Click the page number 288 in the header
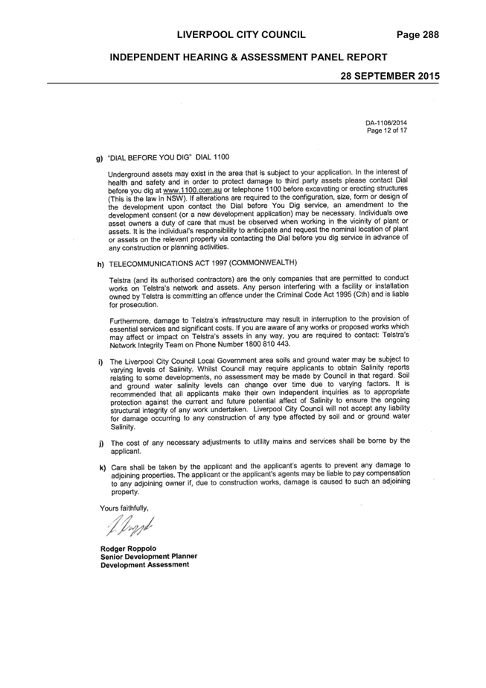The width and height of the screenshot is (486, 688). click(x=431, y=35)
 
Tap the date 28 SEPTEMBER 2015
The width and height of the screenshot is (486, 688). click(x=390, y=76)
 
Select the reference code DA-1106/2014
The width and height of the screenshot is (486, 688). click(x=386, y=123)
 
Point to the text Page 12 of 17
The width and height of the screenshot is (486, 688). click(x=387, y=130)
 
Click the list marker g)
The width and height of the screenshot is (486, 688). click(x=100, y=159)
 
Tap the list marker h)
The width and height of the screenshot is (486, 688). click(x=100, y=264)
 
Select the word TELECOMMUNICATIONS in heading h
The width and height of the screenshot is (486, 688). click(x=147, y=263)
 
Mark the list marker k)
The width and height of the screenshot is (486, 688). click(x=103, y=467)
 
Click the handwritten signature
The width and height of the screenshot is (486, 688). click(x=130, y=526)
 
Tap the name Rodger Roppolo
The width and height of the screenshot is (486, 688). click(x=128, y=549)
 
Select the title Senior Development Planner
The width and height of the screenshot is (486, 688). click(x=149, y=556)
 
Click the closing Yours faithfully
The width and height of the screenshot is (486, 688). click(x=124, y=508)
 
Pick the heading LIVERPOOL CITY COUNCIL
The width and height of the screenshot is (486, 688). click(x=241, y=35)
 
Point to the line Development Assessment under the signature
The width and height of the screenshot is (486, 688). click(x=144, y=565)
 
